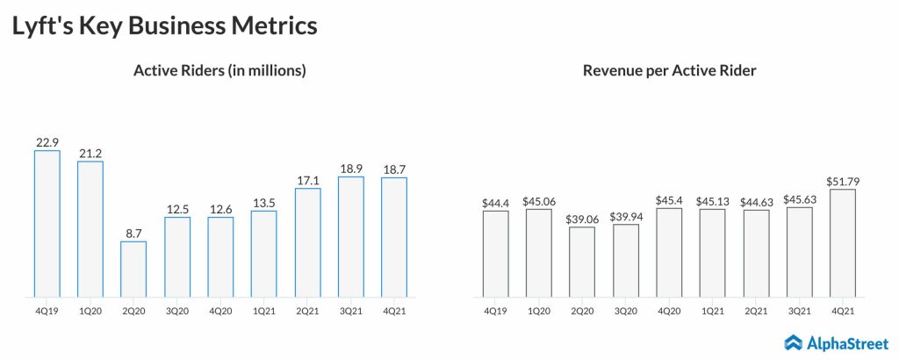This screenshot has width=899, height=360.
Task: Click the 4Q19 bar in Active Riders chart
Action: click(x=47, y=223)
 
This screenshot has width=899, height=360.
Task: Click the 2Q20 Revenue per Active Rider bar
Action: click(x=582, y=261)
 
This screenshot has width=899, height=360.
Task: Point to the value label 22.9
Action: click(x=47, y=140)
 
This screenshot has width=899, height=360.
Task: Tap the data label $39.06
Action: click(x=582, y=218)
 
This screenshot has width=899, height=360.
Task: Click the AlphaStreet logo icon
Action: click(x=794, y=342)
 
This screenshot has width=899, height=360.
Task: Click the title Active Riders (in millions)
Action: click(x=219, y=71)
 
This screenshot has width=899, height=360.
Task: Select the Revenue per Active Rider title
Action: click(x=669, y=71)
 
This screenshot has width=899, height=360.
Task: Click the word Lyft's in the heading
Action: click(x=40, y=26)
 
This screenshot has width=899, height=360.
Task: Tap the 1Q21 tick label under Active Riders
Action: click(x=263, y=310)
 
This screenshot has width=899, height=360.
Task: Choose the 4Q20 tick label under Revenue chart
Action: click(x=669, y=310)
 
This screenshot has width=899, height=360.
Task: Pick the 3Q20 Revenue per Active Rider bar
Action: click(x=626, y=260)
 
